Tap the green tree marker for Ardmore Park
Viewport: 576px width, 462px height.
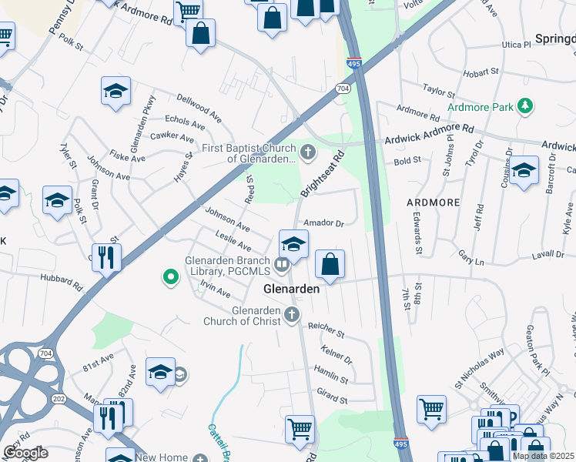click(525, 105)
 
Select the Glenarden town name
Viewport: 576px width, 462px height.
click(291, 290)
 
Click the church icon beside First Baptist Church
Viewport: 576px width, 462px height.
click(307, 152)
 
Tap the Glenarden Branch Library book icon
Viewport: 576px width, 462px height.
click(283, 266)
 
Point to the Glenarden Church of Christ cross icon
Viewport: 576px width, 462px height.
click(291, 314)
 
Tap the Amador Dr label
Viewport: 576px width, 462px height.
click(323, 223)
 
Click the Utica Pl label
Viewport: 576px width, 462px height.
click(516, 45)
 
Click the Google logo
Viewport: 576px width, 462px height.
click(25, 452)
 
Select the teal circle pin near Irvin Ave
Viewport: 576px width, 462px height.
click(172, 276)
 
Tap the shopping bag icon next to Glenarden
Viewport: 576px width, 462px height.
click(330, 265)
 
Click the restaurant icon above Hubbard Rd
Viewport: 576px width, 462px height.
click(106, 257)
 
